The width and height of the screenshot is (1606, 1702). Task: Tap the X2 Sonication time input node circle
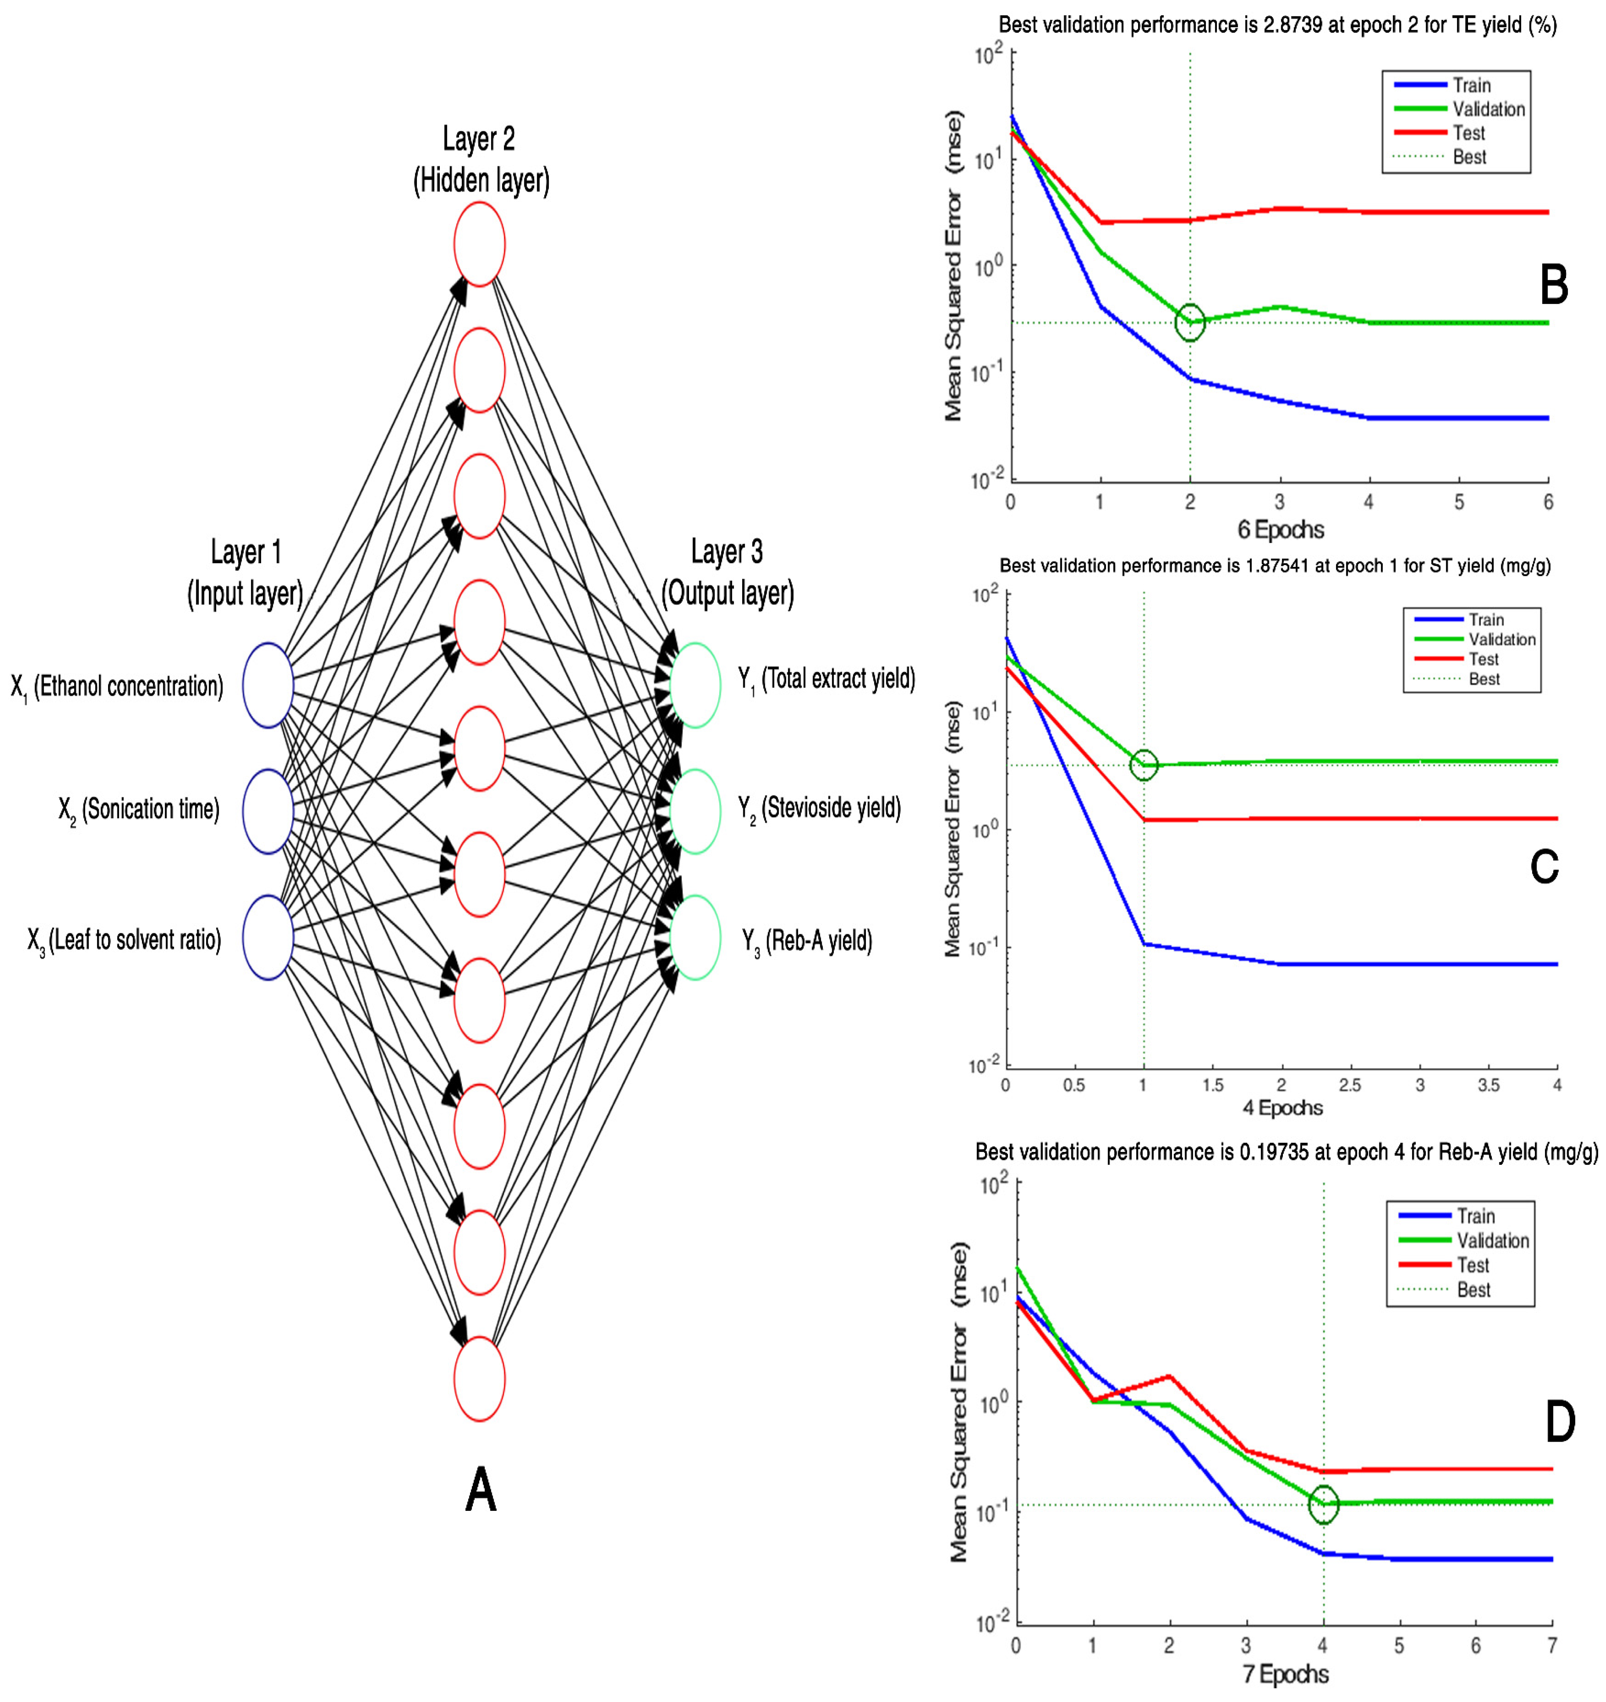click(x=268, y=811)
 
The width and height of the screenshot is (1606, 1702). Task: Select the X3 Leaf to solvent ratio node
click(x=268, y=937)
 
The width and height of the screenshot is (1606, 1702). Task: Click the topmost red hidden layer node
click(x=479, y=244)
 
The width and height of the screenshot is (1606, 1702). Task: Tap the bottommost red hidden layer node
click(x=479, y=1379)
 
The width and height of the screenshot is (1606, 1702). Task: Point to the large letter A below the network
click(x=480, y=1490)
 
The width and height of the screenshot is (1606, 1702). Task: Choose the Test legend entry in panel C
click(x=1484, y=659)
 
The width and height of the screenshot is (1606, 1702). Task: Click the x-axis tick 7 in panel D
click(x=1551, y=1646)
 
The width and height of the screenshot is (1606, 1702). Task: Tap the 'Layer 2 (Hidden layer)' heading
click(x=480, y=159)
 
